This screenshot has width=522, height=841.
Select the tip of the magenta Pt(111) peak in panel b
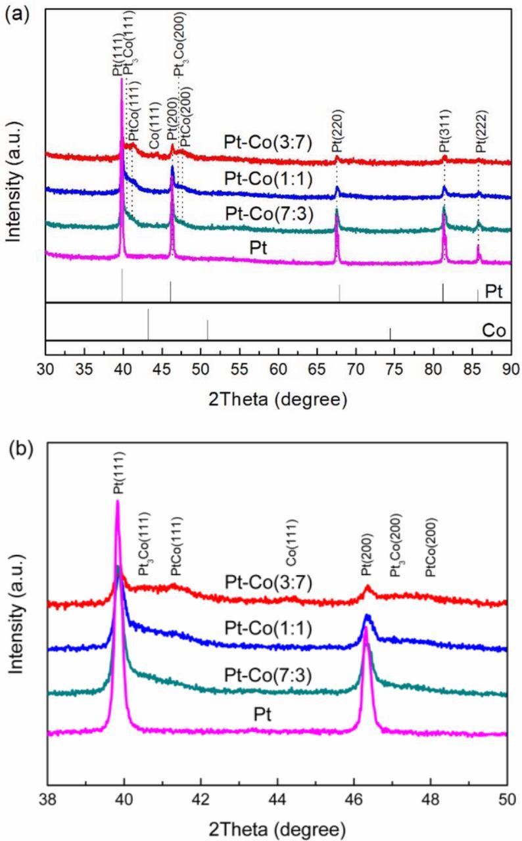pyautogui.click(x=118, y=501)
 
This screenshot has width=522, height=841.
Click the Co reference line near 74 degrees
pyautogui.click(x=390, y=334)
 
